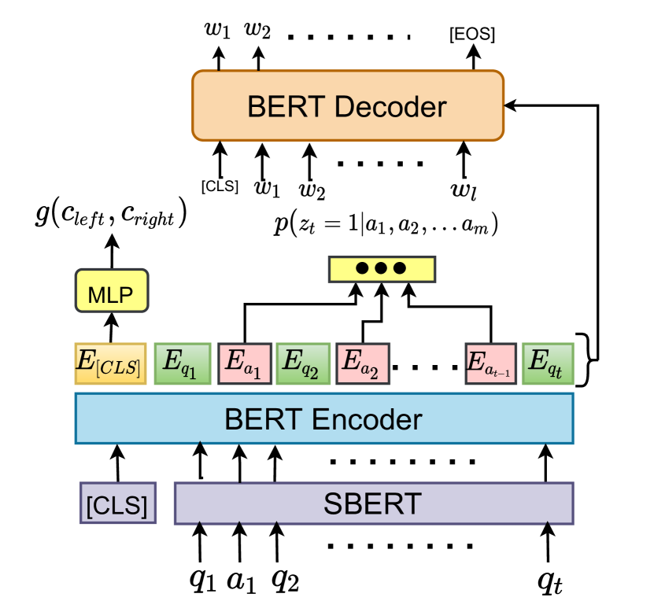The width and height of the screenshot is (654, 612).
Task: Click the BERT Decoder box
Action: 348,105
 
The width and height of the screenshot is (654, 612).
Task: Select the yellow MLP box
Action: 111,291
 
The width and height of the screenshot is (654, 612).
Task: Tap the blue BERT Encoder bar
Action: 323,418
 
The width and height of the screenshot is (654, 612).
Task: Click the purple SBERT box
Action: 373,503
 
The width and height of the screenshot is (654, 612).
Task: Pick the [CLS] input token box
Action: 118,503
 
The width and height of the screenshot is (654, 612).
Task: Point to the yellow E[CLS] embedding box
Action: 110,363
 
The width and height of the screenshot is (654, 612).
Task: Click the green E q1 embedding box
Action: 182,363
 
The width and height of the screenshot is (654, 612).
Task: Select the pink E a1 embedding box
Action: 245,363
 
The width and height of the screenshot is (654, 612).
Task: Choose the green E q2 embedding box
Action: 302,363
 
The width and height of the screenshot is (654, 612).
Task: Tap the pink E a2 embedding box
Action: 363,363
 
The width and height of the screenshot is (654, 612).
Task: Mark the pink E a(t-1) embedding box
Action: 490,363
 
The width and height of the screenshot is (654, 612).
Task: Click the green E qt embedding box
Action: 548,363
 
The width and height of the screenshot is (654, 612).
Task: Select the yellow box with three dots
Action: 381,269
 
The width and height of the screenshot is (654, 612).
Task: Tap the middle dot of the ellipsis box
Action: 381,269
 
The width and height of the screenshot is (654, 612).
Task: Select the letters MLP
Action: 110,296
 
